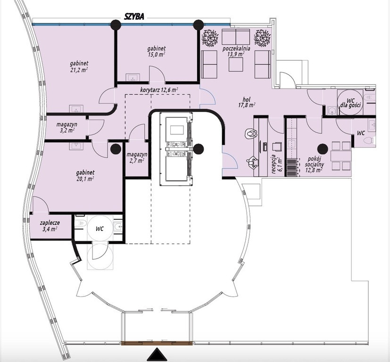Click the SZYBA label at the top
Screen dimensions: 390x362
coord(134,16)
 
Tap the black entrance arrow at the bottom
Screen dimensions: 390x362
coord(157,354)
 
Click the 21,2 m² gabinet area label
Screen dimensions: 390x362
coord(79,67)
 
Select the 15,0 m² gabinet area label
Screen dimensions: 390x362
coord(156,51)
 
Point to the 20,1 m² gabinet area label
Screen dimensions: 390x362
coord(85,175)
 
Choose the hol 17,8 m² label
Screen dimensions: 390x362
coord(247,102)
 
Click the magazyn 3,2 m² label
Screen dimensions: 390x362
coord(66,127)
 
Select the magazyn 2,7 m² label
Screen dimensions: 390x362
coord(137,157)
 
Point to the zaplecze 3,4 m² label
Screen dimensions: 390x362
coord(50,226)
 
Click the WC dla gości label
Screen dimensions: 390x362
coord(350,103)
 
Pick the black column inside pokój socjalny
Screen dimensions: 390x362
coord(323,149)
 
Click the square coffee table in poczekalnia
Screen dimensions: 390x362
coord(236,65)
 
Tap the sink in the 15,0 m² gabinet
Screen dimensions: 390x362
coord(132,77)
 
